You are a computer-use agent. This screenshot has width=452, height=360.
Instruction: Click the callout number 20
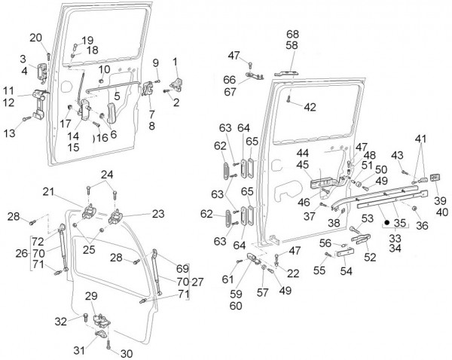[x=35, y=38]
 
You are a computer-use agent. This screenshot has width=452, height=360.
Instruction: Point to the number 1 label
[x=176, y=61]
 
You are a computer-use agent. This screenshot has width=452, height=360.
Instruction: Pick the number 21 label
[x=69, y=192]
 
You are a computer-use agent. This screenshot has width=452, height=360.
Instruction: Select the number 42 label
[x=310, y=107]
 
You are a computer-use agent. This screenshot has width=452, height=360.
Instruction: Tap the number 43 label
[x=396, y=155]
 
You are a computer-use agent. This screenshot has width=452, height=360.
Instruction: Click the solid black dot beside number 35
[x=386, y=224]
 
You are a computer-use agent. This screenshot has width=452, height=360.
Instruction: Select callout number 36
[x=422, y=224]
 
